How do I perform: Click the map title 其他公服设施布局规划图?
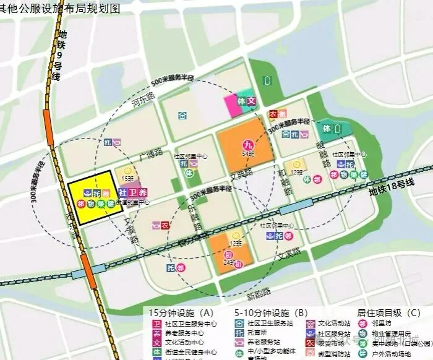click(x=69, y=7)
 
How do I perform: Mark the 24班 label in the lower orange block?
click(x=229, y=262)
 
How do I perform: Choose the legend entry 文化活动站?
click(x=333, y=323)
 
